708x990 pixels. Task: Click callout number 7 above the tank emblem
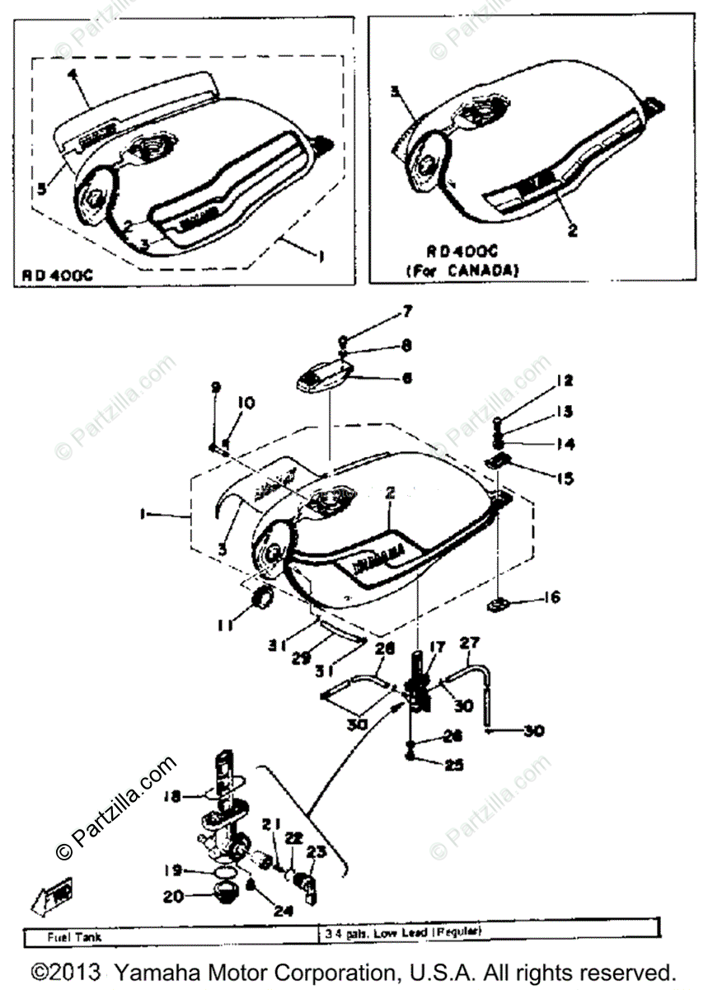point(406,312)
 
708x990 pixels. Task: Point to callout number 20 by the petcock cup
point(172,896)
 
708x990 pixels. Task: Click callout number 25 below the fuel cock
point(454,765)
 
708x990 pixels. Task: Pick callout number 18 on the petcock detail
point(171,798)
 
